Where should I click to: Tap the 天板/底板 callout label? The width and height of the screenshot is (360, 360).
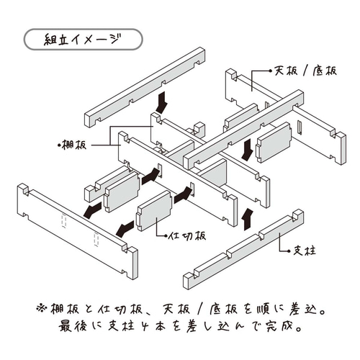pyautogui.click(x=303, y=72)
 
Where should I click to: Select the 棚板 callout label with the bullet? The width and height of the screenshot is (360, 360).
pyautogui.click(x=74, y=144)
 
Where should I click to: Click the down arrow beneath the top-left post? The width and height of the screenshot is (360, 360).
pyautogui.click(x=161, y=99)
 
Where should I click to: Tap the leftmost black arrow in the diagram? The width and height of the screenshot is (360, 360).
pyautogui.click(x=91, y=210)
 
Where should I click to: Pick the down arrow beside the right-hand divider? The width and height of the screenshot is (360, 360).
pyautogui.click(x=247, y=150)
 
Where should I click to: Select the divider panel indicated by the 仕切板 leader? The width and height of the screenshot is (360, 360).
pyautogui.click(x=154, y=213)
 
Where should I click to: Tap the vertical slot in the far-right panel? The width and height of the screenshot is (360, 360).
pyautogui.click(x=297, y=129)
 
